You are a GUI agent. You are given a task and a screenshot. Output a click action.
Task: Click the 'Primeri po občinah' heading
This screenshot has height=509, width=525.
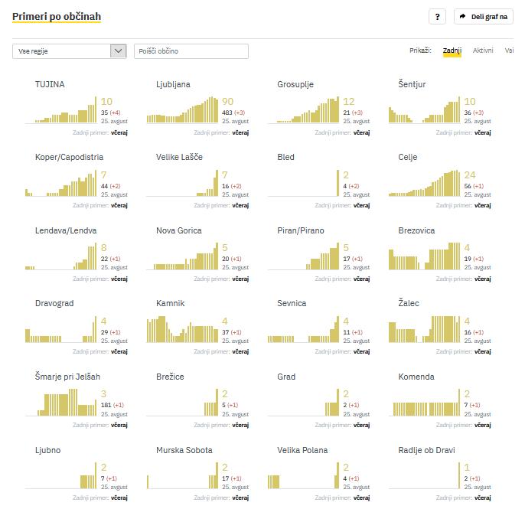tap(57, 16)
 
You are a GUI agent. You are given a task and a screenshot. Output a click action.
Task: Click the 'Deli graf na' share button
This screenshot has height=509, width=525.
tap(483, 16)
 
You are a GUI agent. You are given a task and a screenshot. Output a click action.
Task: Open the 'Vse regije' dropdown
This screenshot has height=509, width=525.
tap(70, 51)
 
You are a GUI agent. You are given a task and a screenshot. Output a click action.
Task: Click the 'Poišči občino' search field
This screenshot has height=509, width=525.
tap(191, 51)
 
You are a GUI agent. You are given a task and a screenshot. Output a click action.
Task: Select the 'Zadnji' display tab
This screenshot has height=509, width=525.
tap(452, 51)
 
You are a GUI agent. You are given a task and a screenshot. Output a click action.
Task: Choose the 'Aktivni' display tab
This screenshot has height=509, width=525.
tap(483, 51)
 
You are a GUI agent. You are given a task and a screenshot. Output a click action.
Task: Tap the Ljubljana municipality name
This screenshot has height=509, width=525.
tap(173, 84)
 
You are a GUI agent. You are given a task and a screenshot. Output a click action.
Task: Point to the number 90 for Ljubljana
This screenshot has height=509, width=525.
tap(227, 102)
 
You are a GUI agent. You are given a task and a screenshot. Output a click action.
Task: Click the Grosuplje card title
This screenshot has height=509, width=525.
tap(295, 84)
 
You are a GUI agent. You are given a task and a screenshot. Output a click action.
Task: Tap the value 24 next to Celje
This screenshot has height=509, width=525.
tap(470, 175)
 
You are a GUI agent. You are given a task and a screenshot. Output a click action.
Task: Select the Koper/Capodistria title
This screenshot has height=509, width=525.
tap(69, 157)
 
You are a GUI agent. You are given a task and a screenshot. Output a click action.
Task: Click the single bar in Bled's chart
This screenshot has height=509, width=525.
tap(337, 184)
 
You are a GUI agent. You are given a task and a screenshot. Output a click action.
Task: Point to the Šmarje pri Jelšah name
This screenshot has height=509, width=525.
tap(67, 377)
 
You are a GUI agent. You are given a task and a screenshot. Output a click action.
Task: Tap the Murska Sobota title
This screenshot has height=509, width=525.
tap(184, 450)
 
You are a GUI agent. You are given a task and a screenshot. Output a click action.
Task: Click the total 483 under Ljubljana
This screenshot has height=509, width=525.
tap(227, 113)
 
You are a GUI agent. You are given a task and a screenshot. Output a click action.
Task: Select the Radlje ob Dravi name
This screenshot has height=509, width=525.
tap(426, 450)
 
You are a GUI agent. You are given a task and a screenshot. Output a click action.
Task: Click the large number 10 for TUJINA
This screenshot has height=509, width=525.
tap(106, 102)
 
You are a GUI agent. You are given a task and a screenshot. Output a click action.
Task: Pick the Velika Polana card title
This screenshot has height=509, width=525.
tap(302, 450)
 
